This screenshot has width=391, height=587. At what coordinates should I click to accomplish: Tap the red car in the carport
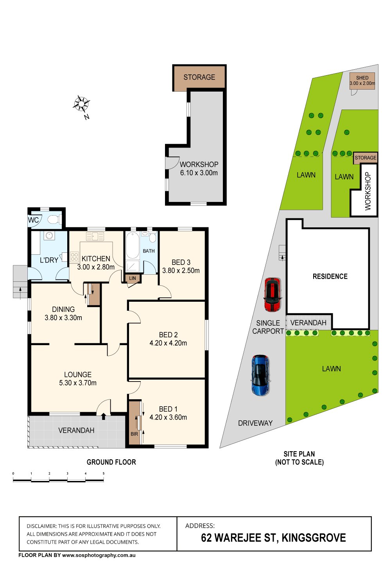coord(273,295)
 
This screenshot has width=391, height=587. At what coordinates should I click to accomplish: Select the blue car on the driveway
coord(260,375)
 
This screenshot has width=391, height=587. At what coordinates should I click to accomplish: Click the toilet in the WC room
coord(54,219)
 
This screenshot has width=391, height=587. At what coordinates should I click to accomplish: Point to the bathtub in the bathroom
coord(133,245)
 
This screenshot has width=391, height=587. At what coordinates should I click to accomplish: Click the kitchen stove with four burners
coord(74,256)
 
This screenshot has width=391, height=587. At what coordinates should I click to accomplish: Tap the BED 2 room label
coord(168,335)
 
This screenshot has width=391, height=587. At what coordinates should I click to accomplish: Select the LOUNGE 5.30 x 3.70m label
coord(78,379)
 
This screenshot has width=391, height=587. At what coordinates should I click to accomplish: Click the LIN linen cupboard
coord(133,278)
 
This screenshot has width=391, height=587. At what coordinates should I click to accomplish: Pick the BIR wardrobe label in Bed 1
coord(134,434)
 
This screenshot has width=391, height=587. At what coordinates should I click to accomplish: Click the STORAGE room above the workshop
coord(199,77)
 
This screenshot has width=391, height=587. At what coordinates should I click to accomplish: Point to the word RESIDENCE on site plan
coord(330,276)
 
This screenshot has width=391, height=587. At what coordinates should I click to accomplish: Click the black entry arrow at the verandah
coord(104,416)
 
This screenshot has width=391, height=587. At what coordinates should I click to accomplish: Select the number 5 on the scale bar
coord(104,474)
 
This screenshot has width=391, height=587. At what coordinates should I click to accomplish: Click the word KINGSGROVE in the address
coord(314,538)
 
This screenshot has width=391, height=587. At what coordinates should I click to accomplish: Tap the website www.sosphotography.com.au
coord(99,555)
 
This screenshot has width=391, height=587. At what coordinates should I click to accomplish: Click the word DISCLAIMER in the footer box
coord(41,526)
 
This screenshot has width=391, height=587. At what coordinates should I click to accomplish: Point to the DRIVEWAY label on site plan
coord(255,423)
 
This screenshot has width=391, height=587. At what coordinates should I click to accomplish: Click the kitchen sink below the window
coord(95,236)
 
